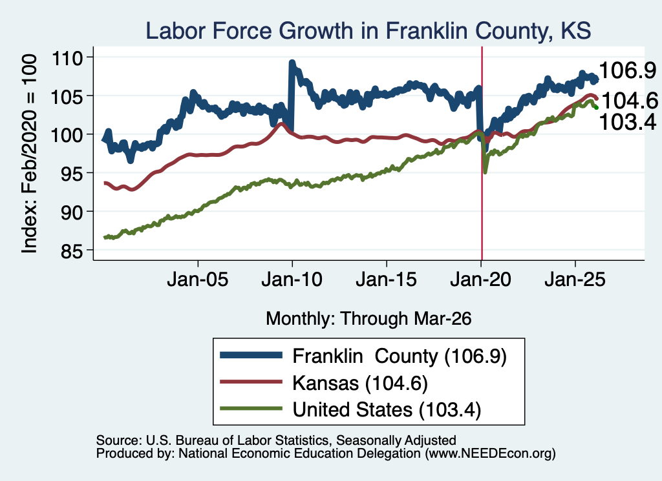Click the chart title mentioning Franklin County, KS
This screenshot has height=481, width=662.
point(368,31)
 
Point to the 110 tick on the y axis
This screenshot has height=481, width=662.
point(67,57)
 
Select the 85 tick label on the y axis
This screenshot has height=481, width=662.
point(72,251)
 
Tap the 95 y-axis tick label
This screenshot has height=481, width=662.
point(72,173)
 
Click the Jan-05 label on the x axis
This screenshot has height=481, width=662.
point(198,280)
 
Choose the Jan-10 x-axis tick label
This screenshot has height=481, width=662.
point(292,280)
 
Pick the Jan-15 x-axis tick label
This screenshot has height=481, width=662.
point(387,280)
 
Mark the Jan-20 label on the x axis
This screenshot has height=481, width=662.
point(480,280)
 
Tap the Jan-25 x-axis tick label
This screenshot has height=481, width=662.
point(575,280)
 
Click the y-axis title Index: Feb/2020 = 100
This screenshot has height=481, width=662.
point(30,154)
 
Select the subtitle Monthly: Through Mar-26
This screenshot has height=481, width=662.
point(368,319)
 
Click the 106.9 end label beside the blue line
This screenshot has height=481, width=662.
point(628,70)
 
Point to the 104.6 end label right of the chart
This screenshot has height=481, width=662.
point(630,101)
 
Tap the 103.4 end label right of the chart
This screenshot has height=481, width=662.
point(628,122)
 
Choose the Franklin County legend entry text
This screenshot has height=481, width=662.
point(400,356)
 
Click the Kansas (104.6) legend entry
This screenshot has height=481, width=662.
point(360,384)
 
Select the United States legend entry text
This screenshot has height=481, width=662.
point(387,410)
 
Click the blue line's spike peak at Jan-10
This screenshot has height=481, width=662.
point(292,63)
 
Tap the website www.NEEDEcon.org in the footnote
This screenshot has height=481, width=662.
point(490,454)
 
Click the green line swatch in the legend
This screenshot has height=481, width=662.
point(251,409)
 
